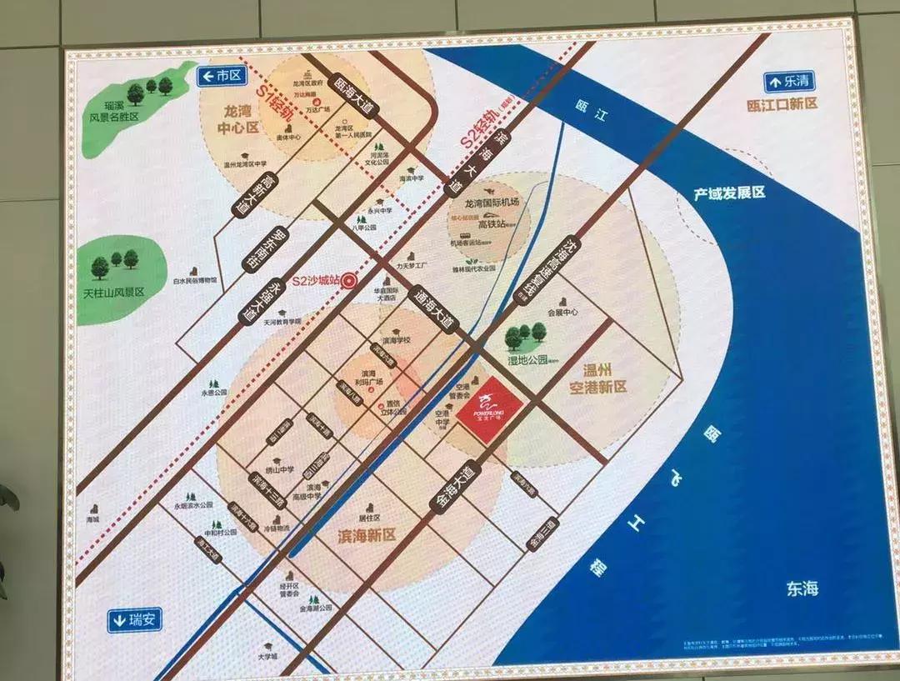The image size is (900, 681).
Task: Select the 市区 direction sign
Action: tap(220, 77)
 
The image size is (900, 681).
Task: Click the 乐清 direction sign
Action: tap(788, 82)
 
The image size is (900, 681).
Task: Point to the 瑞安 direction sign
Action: tap(134, 619)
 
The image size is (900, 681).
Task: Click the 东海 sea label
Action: tap(802, 588)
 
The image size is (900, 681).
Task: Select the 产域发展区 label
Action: tap(730, 193)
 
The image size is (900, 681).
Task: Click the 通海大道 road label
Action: tap(435, 308)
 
